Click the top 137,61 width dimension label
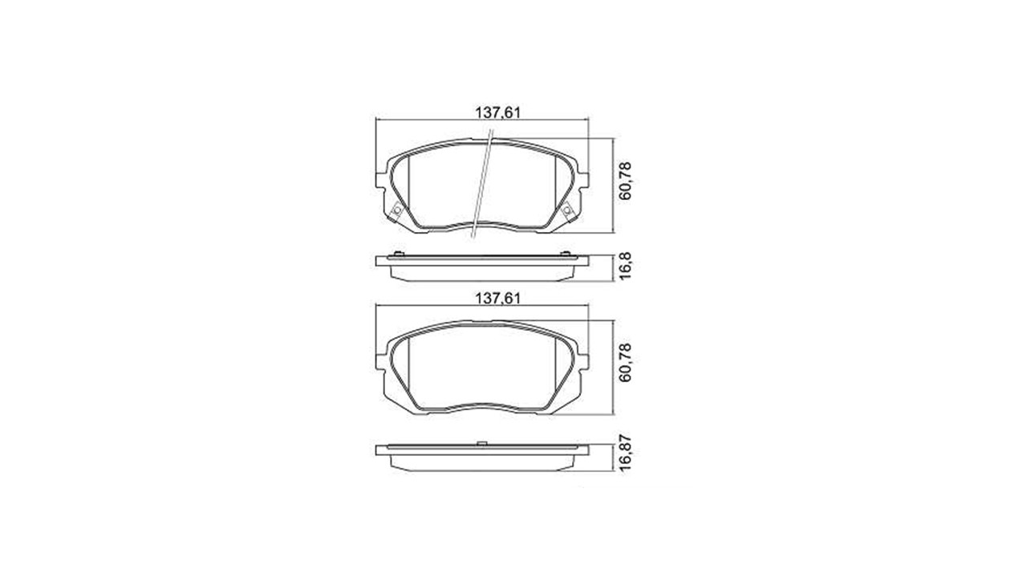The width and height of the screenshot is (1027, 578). [497, 113]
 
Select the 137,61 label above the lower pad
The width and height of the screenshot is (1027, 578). [497, 299]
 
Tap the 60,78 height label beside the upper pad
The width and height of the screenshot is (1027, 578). [625, 181]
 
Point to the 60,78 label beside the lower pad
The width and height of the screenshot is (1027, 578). [625, 362]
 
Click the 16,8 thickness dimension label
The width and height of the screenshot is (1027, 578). [625, 266]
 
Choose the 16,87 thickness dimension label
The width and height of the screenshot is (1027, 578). [625, 453]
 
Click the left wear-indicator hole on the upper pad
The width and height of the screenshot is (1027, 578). [397, 210]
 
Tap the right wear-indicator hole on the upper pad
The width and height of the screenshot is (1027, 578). [566, 210]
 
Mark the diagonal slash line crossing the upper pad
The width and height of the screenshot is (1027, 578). [482, 184]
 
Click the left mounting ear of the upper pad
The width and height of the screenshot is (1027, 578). [382, 180]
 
